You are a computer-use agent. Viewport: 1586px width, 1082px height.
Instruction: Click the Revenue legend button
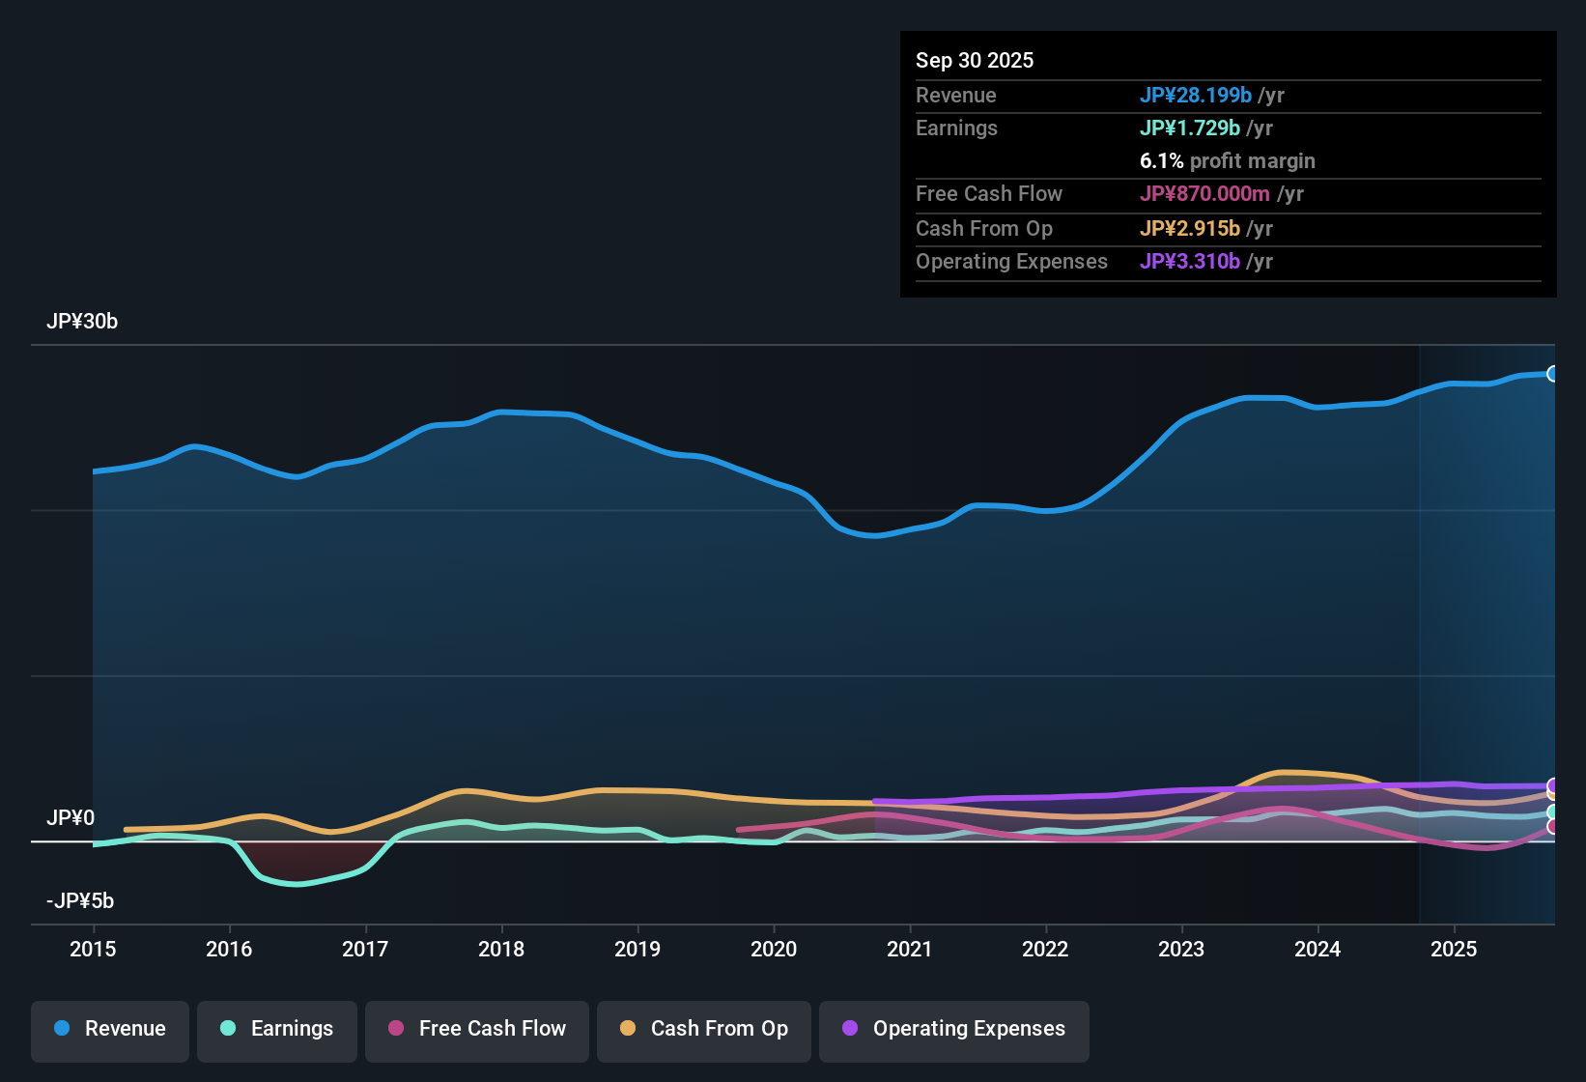(x=110, y=1029)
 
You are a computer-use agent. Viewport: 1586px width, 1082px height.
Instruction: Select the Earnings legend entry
(x=277, y=1029)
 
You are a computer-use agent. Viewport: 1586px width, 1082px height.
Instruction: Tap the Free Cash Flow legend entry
(x=477, y=1029)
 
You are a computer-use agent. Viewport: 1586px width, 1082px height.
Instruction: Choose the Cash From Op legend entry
(x=704, y=1029)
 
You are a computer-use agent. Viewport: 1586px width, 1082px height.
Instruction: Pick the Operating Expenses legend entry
(x=954, y=1029)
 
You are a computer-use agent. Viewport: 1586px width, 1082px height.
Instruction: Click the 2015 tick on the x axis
(x=93, y=949)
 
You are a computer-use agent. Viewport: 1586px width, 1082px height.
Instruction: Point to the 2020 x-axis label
(x=774, y=949)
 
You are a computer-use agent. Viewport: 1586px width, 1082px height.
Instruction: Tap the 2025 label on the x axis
(x=1454, y=949)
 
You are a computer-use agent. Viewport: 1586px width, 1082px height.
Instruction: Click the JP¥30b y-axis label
(x=82, y=322)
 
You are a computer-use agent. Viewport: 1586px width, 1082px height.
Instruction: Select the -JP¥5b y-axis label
(x=80, y=901)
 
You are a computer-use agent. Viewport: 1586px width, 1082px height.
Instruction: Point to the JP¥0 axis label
(x=71, y=818)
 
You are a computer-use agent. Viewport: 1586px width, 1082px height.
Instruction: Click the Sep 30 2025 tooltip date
(x=975, y=60)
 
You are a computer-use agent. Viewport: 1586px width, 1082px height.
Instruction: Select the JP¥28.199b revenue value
(x=1195, y=95)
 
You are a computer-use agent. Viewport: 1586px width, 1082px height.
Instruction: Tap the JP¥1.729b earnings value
(x=1189, y=128)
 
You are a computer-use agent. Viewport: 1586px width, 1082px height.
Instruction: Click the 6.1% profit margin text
(x=1227, y=160)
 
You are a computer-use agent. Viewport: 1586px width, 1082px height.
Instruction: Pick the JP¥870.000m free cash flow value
(x=1204, y=193)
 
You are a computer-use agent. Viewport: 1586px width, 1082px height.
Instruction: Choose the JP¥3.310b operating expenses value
(x=1189, y=261)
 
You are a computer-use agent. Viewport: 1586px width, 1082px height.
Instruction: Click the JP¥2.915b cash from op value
(x=1189, y=228)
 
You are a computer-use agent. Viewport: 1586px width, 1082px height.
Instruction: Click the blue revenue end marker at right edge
(x=1552, y=374)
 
